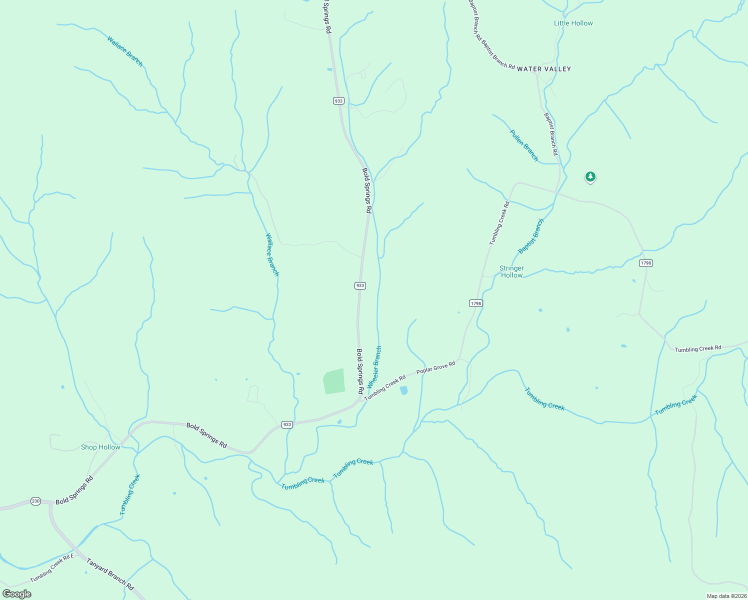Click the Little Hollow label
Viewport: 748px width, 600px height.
[573, 23]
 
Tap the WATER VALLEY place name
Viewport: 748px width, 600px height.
[543, 69]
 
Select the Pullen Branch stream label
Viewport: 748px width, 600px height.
[524, 145]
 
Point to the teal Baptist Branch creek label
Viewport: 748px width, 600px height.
[531, 236]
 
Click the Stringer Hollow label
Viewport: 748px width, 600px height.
[511, 271]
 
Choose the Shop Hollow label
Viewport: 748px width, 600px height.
[100, 447]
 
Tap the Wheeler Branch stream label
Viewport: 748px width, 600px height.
[374, 367]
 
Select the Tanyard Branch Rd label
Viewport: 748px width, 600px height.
[110, 574]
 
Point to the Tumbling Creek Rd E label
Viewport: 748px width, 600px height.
[52, 568]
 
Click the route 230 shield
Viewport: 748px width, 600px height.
[35, 501]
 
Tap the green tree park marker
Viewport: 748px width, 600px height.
[590, 176]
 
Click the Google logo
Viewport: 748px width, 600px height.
[17, 594]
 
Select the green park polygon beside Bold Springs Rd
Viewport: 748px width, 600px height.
[334, 381]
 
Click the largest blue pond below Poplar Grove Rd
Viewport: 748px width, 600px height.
[404, 390]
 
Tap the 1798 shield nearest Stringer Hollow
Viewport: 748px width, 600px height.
[475, 303]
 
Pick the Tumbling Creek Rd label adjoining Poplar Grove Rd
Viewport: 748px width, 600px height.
[384, 388]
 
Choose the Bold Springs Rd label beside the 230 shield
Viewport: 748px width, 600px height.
[74, 490]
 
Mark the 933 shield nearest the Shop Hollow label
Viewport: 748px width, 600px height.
[286, 424]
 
